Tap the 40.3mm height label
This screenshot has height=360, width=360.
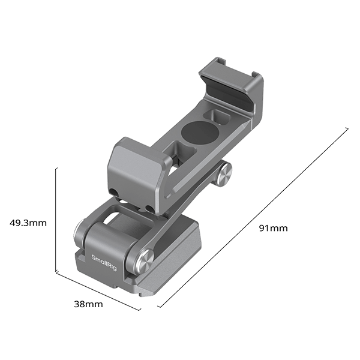[x=28, y=223]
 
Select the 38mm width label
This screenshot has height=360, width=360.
[x=88, y=304]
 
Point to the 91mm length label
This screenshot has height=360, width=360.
[x=273, y=228]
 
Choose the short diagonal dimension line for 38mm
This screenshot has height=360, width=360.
[x=98, y=291]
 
